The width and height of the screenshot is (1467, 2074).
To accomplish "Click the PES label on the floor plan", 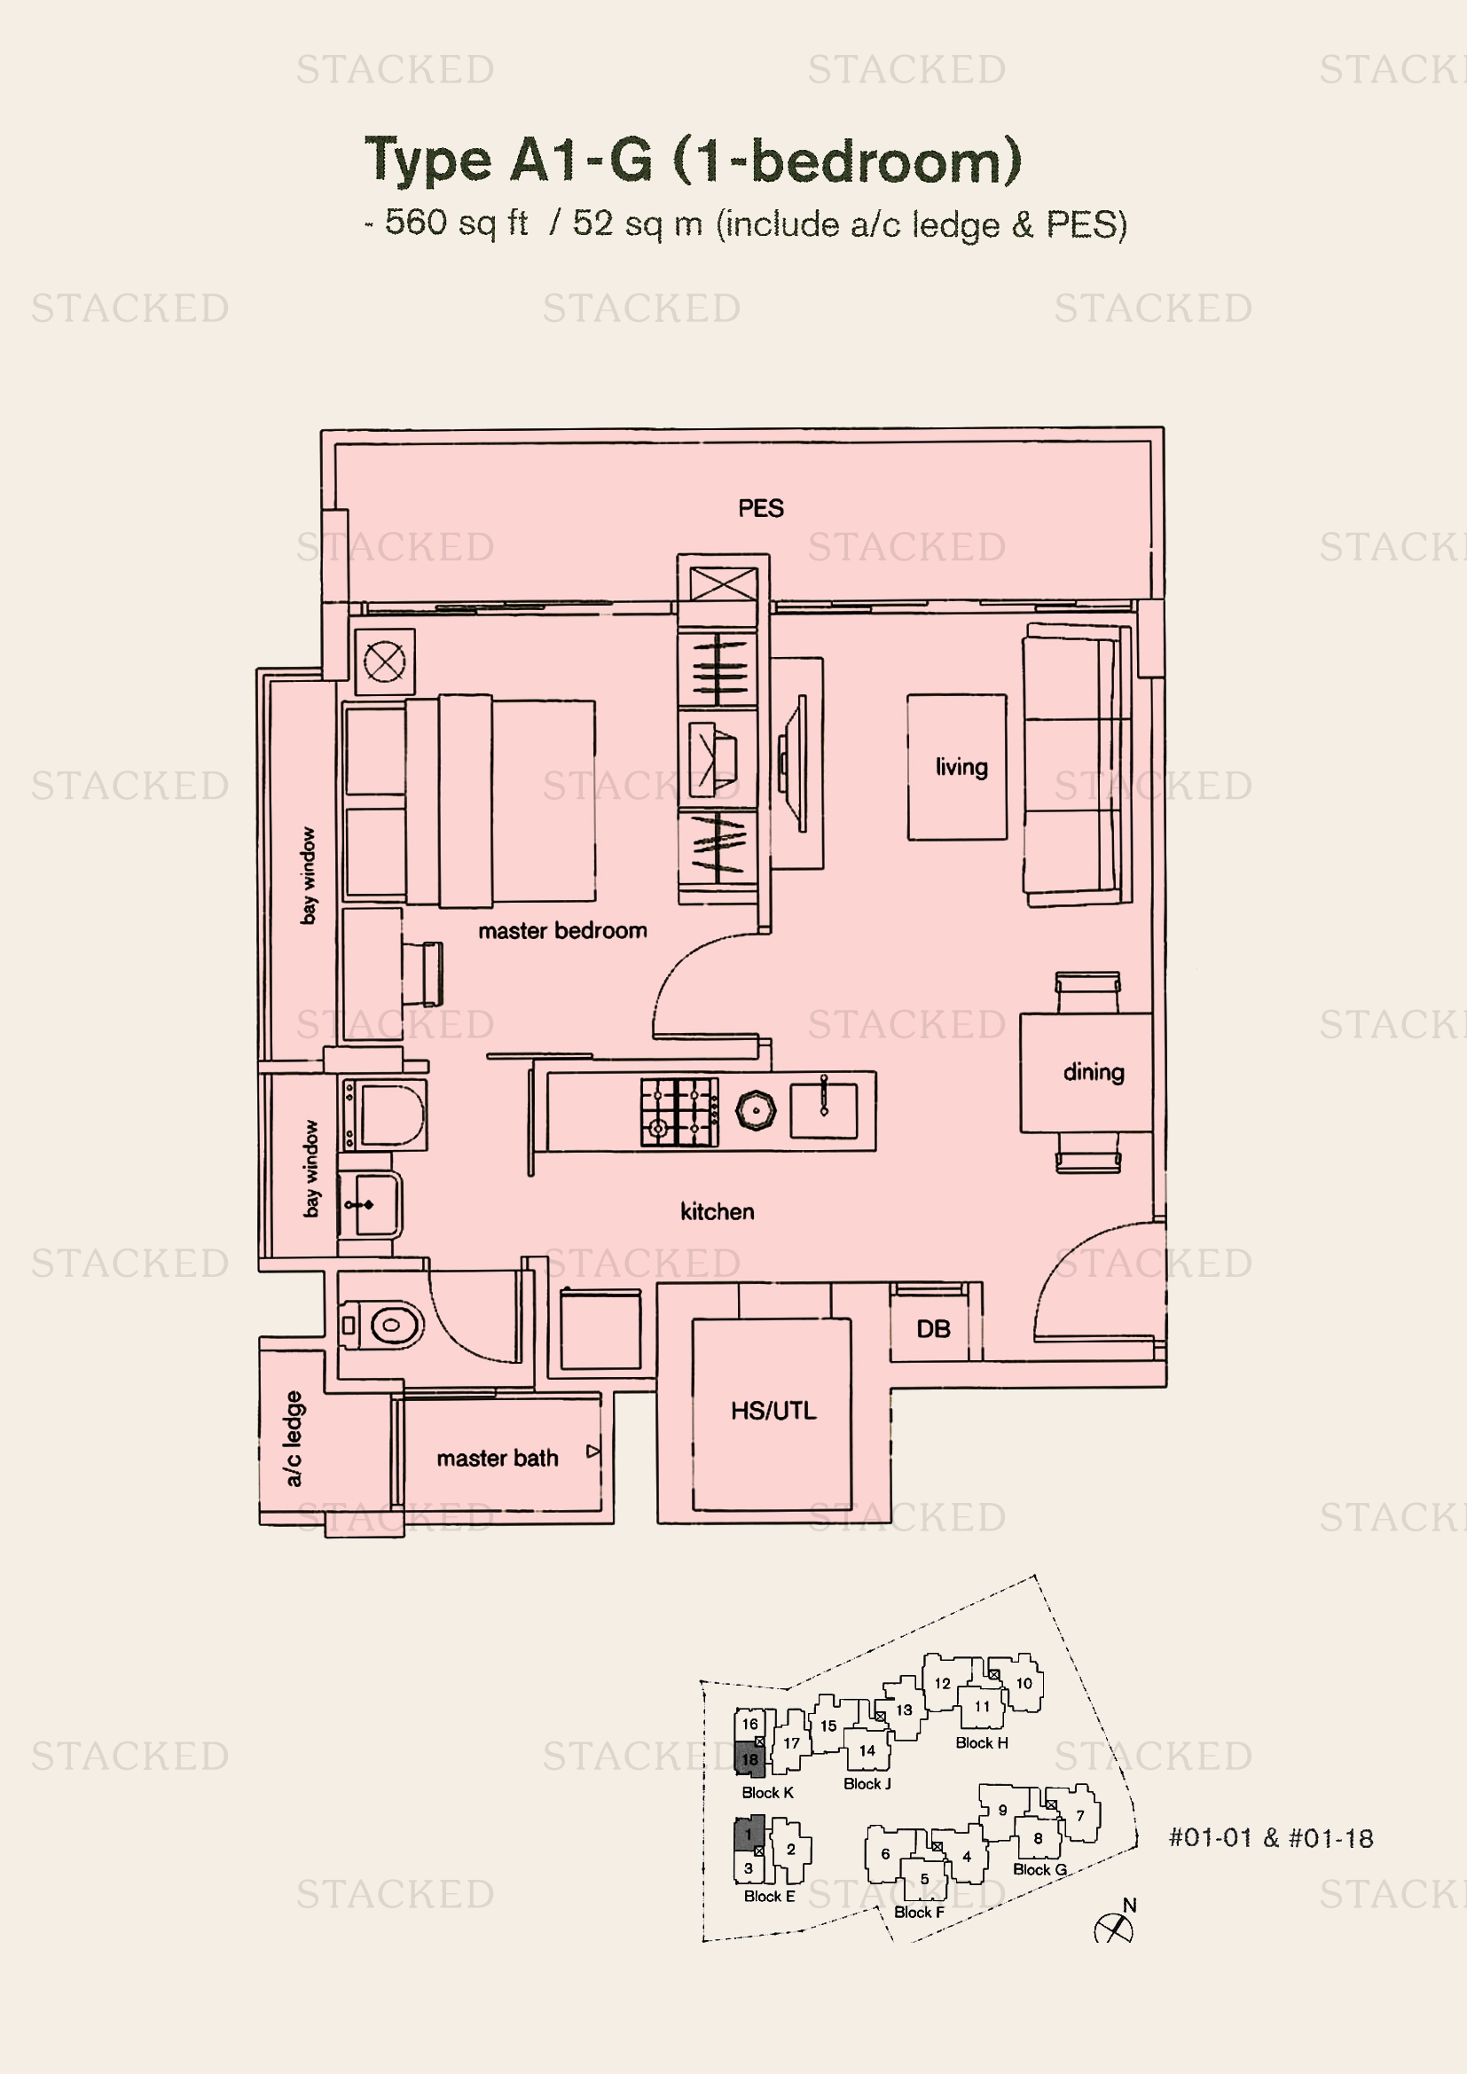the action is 761,509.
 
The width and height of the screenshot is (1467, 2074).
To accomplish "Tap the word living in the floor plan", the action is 961,768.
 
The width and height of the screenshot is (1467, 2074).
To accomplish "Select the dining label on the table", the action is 1093,1072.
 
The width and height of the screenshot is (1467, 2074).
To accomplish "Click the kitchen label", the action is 718,1211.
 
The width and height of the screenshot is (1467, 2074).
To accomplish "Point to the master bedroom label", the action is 561,930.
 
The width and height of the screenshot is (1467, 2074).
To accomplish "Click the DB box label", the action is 933,1329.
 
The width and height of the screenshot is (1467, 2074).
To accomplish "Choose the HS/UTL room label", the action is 773,1410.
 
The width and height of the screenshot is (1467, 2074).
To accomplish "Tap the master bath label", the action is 497,1458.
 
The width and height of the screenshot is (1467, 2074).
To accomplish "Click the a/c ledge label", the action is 294,1438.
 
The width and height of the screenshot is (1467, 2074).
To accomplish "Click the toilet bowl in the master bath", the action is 383,1325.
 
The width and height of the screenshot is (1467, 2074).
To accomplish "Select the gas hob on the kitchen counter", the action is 679,1112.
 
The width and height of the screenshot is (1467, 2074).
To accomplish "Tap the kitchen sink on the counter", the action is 823,1110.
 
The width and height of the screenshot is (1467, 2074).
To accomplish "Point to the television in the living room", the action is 793,763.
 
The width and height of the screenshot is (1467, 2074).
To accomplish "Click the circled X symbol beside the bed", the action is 384,662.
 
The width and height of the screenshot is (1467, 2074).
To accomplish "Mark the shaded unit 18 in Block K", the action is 749,1758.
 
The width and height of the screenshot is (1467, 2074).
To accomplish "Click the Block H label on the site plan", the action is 982,1742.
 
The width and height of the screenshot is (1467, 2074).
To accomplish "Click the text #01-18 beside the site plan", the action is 1330,1838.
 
